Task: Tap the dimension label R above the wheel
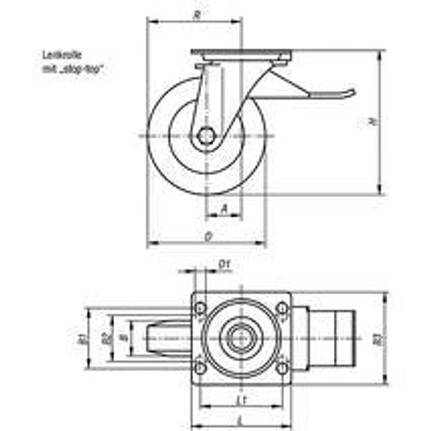click(195, 14)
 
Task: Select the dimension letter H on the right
click(372, 122)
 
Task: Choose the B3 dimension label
click(377, 337)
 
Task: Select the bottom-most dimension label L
click(240, 420)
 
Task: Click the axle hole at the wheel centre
click(207, 135)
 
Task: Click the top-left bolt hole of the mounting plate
click(199, 309)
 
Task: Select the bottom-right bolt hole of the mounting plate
click(282, 366)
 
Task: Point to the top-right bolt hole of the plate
click(282, 309)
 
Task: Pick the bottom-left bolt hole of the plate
click(199, 366)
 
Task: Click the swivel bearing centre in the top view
click(241, 337)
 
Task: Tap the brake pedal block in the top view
click(332, 337)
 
